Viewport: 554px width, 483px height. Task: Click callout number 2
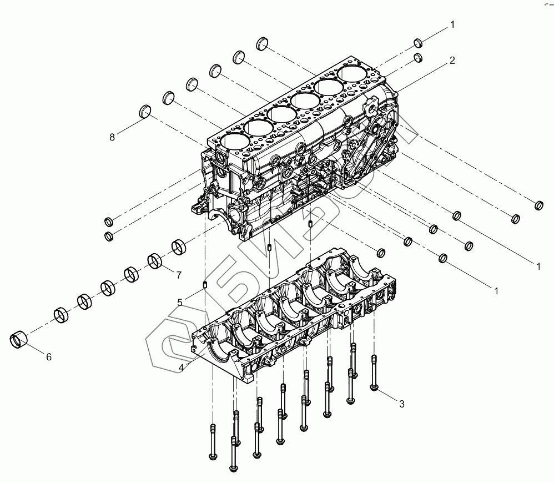click(x=452, y=61)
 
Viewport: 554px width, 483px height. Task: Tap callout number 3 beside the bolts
click(x=401, y=404)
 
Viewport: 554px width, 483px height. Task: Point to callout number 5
click(x=180, y=303)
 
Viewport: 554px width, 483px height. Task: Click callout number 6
click(x=48, y=357)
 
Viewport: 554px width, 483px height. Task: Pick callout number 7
click(x=179, y=274)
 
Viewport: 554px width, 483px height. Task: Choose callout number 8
click(x=112, y=137)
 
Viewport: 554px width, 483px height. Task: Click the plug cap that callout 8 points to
click(x=145, y=111)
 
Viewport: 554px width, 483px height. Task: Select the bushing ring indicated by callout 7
click(x=155, y=260)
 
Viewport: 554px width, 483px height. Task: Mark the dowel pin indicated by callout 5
click(x=204, y=285)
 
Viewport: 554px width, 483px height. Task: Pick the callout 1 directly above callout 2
click(x=452, y=24)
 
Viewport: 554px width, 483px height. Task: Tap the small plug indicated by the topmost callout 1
click(x=419, y=44)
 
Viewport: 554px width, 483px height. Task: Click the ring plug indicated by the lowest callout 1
click(x=444, y=258)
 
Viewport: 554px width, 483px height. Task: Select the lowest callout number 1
click(x=496, y=290)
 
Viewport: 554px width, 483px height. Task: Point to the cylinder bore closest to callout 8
click(x=232, y=141)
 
